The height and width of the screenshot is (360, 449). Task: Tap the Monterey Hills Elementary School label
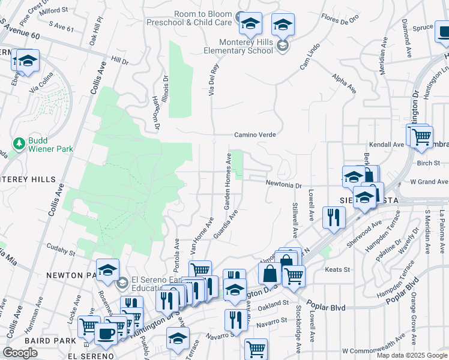[x=238, y=46]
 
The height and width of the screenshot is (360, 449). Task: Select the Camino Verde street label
[x=255, y=135]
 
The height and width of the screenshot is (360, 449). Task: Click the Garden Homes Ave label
[x=229, y=181]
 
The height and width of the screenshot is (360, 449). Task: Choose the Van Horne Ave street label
[x=202, y=235]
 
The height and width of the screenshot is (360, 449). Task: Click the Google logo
[x=20, y=353]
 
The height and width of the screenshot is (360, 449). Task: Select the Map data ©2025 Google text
[x=411, y=355]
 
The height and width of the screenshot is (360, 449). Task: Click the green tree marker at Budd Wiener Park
[x=19, y=144]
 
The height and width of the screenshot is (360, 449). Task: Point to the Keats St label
[x=337, y=270]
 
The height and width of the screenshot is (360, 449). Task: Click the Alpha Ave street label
[x=344, y=83]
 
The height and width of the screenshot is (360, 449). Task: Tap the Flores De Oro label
[x=340, y=18]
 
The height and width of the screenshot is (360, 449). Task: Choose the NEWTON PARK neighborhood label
[x=74, y=275]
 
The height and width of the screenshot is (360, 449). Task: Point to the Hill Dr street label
[x=120, y=62]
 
